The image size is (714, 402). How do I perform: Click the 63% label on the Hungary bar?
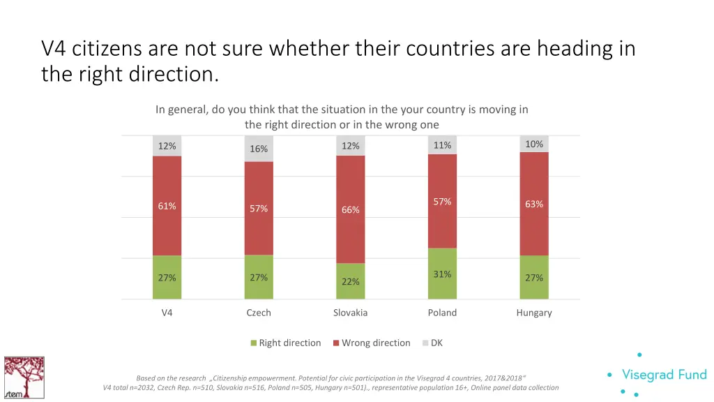point(534,204)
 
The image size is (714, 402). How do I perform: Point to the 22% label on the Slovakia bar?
point(350,282)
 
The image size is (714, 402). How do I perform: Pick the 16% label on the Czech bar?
point(259,149)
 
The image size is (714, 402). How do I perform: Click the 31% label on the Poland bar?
point(442,274)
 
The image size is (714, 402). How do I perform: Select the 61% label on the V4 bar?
point(167,206)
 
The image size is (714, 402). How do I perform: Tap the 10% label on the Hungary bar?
point(534,144)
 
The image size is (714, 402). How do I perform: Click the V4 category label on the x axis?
point(167,313)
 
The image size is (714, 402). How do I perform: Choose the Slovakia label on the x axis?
point(350,313)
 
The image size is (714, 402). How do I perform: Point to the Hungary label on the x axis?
point(534,313)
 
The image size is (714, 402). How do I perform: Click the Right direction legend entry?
point(286,343)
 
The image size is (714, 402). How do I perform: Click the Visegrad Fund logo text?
point(663,375)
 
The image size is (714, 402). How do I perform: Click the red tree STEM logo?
point(24,378)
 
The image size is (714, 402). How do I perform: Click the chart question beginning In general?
point(342,110)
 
